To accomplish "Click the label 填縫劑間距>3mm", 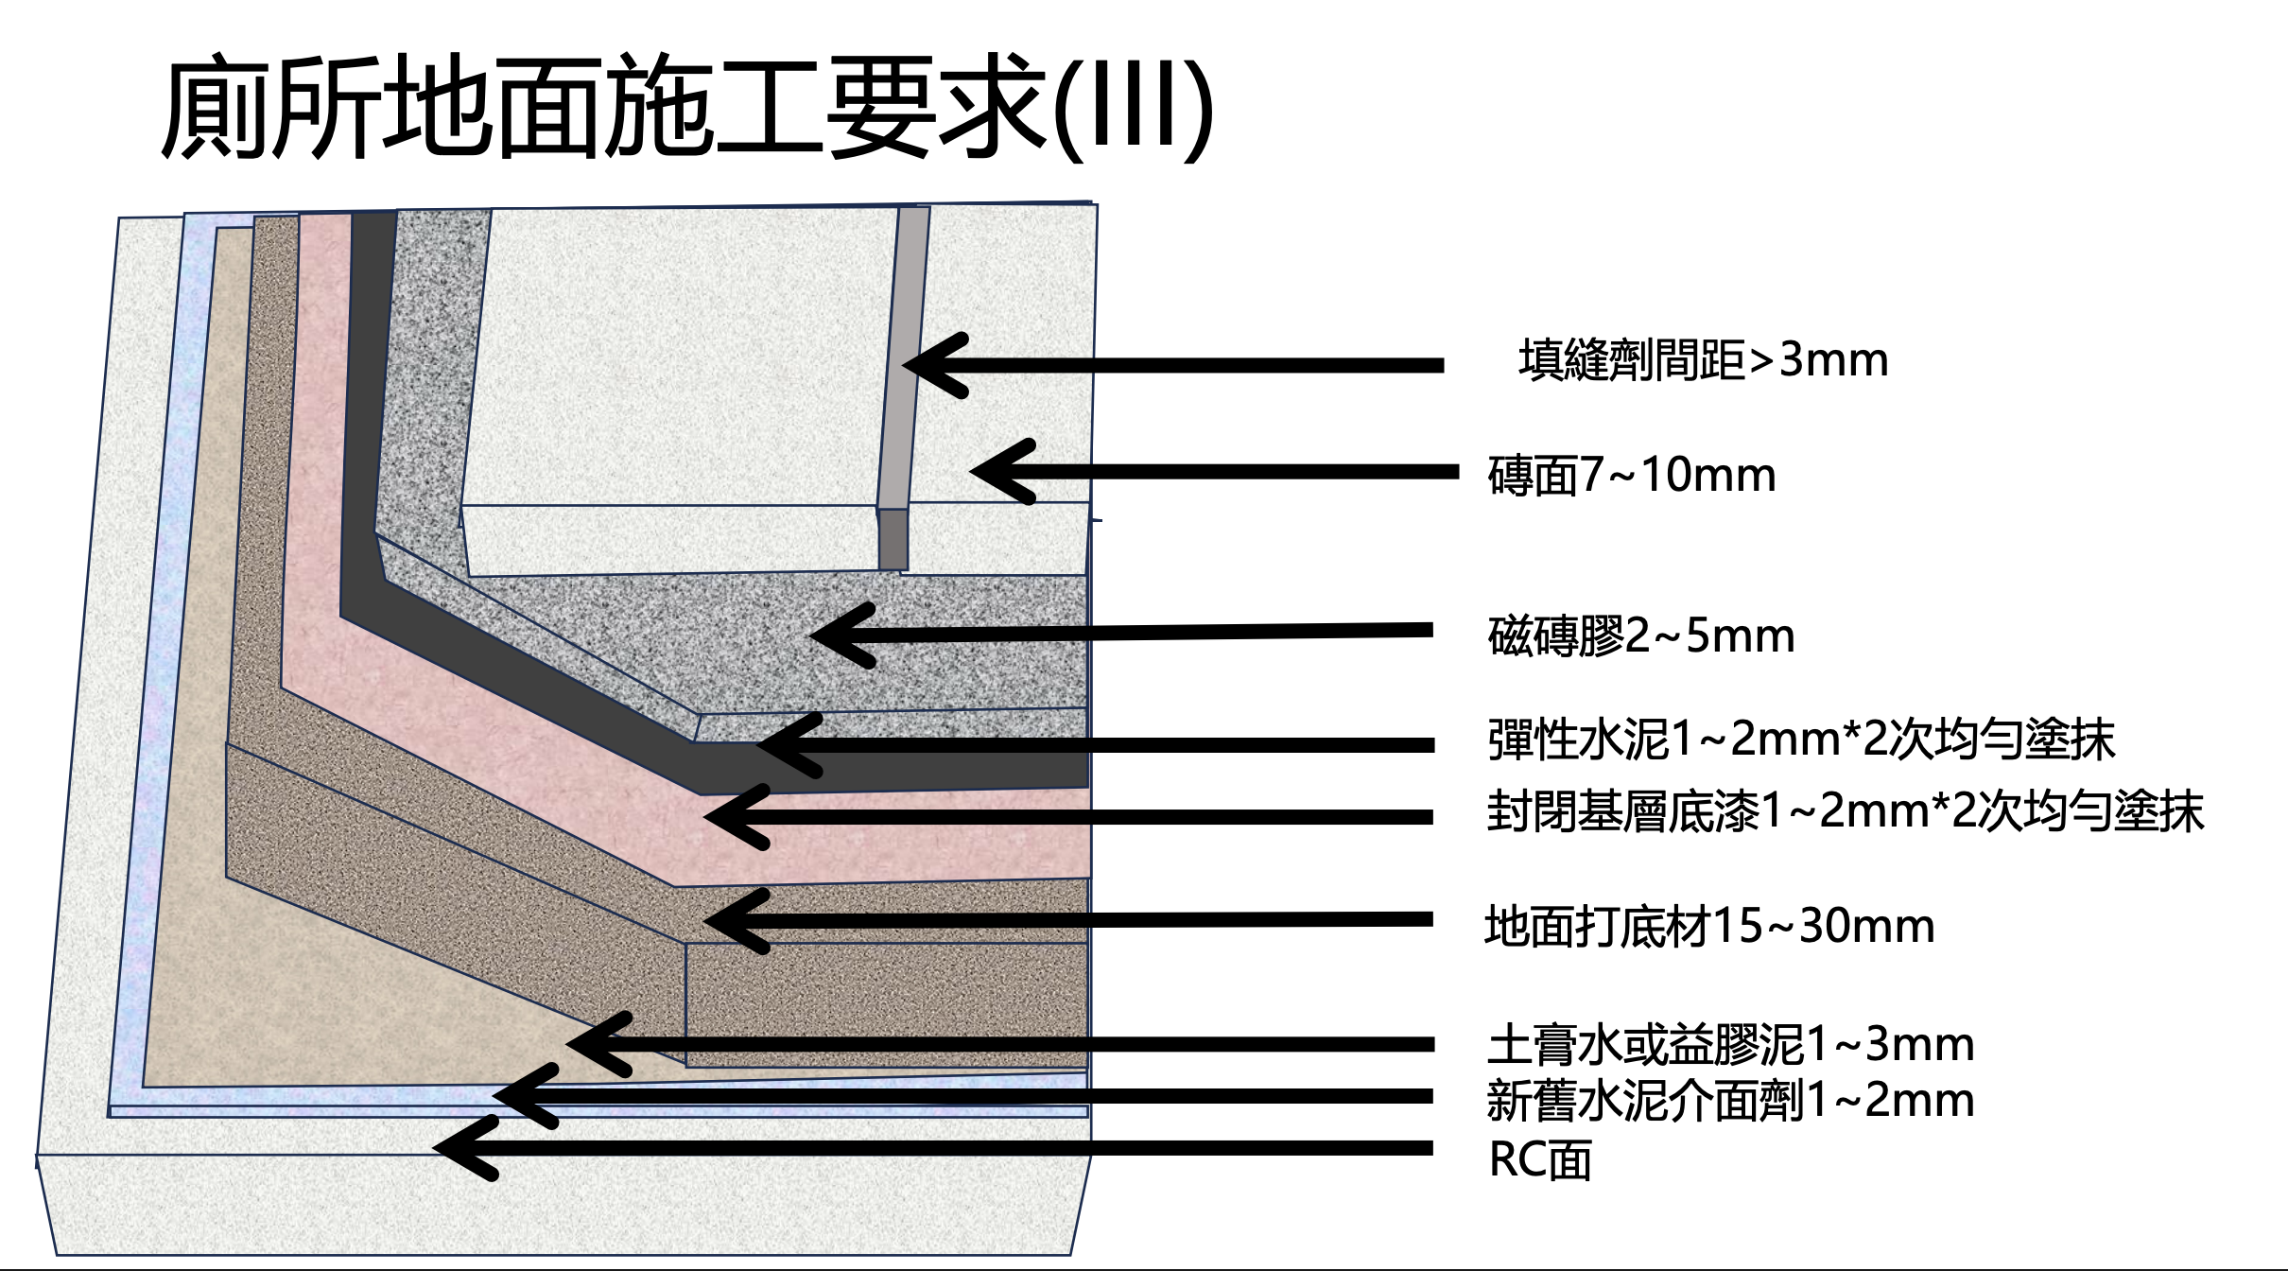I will pyautogui.click(x=1703, y=360).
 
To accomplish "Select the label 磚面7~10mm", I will pyautogui.click(x=1631, y=475).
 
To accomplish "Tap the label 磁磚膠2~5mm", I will pyautogui.click(x=1640, y=635).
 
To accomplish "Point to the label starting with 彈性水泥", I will pyautogui.click(x=1800, y=740).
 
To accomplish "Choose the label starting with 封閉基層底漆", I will pyautogui.click(x=1845, y=811).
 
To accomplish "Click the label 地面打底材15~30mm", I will pyautogui.click(x=1709, y=926).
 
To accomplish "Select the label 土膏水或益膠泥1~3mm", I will pyautogui.click(x=1730, y=1045).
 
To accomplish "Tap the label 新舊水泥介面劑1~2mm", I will pyautogui.click(x=1730, y=1101).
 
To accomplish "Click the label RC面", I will pyautogui.click(x=1539, y=1160).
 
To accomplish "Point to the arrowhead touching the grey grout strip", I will pyautogui.click(x=922, y=365).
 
